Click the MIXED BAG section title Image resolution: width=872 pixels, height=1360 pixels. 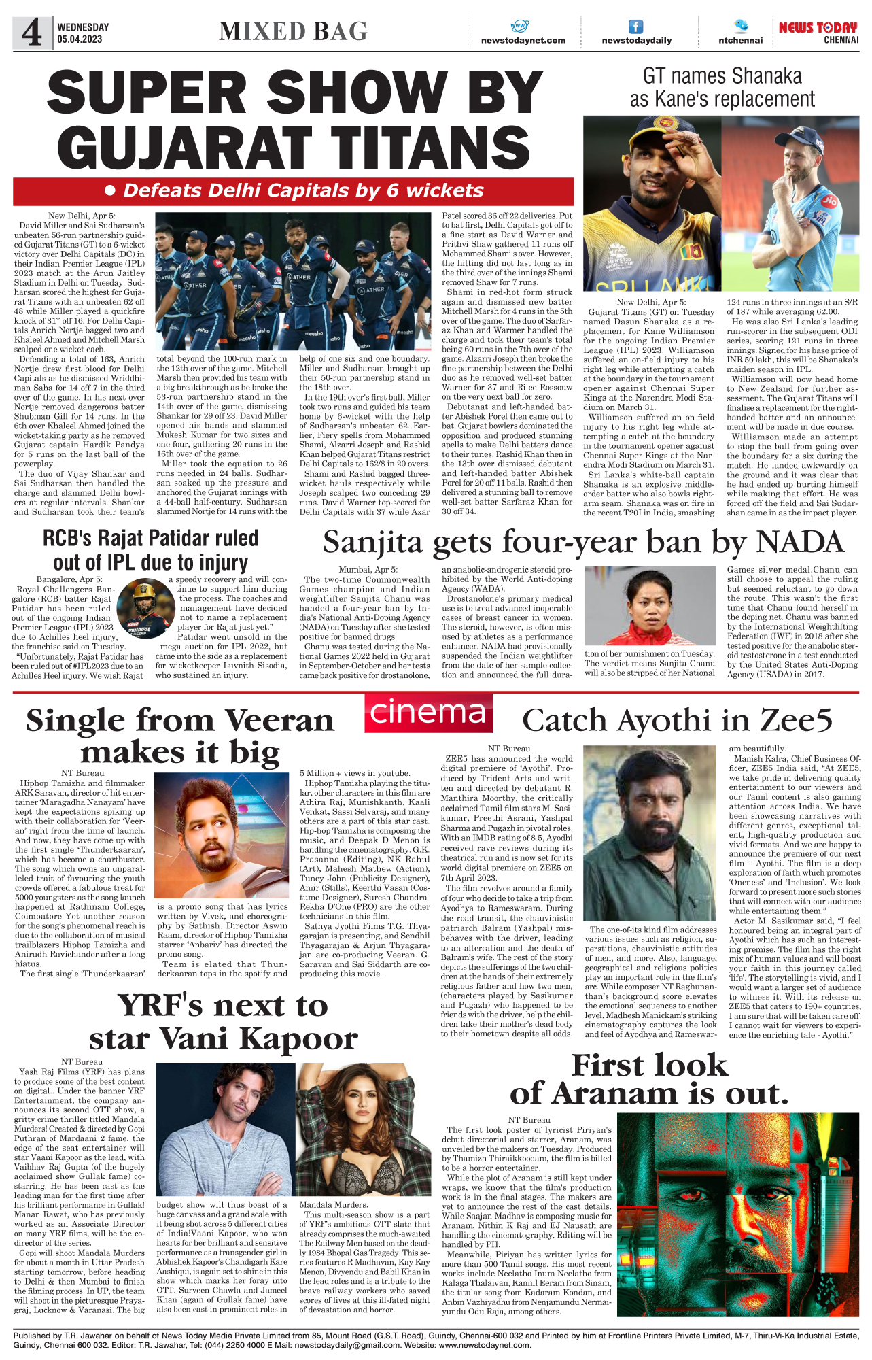[293, 32]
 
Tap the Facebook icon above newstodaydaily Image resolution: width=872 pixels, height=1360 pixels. [635, 27]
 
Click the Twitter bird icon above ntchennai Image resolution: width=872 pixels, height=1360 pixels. [740, 26]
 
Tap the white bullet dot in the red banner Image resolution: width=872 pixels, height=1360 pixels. [110, 191]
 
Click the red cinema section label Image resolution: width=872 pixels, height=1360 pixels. [428, 711]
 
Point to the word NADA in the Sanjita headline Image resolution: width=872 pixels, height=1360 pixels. [800, 543]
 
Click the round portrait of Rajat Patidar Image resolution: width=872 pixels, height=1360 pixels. [145, 607]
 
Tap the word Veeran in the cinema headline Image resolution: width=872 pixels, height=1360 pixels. [279, 721]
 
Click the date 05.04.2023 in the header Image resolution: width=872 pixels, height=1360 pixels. [80, 39]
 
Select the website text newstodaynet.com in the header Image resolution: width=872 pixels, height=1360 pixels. [523, 41]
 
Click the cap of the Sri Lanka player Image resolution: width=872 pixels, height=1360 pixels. [652, 136]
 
